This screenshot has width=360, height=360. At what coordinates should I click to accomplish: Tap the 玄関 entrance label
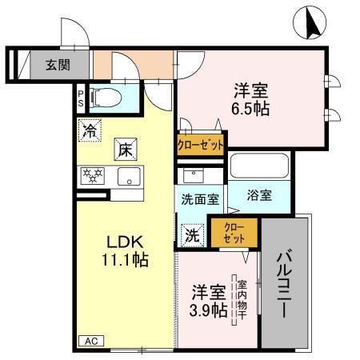[x=56, y=65]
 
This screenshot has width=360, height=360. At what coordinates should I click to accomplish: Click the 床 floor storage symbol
[x=126, y=149]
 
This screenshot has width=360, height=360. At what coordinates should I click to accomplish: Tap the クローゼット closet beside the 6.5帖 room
[x=200, y=144]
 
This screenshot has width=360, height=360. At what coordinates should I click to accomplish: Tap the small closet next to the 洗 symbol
[x=235, y=233]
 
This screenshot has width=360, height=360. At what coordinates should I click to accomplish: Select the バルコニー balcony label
[x=285, y=284]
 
